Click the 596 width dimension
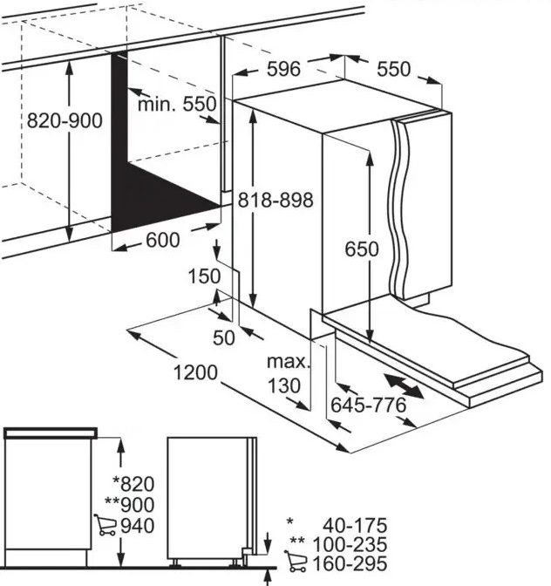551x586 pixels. [x=283, y=69]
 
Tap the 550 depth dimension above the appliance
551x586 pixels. [x=394, y=69]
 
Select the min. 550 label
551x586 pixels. [x=177, y=104]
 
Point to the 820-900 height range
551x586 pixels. [x=65, y=120]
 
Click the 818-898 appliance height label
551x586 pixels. [x=275, y=200]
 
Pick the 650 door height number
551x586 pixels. [x=362, y=249]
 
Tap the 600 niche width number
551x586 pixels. [x=163, y=240]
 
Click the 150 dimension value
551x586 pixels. [x=204, y=276]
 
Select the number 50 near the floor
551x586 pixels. [x=224, y=337]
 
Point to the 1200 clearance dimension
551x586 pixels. [x=195, y=372]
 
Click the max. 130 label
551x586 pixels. [x=289, y=373]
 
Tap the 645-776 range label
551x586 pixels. [x=369, y=405]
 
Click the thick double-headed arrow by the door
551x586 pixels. [x=404, y=386]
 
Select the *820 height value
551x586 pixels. [x=133, y=484]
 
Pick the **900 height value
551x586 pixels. [x=130, y=505]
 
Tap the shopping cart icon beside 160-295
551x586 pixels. [x=296, y=562]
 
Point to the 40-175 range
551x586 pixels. [x=355, y=525]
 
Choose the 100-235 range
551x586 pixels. [x=350, y=544]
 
